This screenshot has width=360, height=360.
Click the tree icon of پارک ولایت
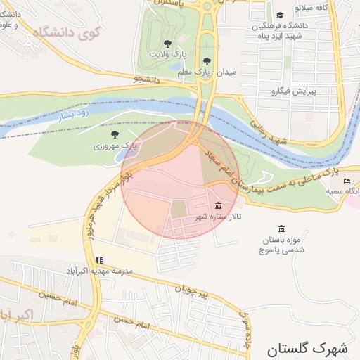167,44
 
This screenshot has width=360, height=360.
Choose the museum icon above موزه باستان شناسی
282,229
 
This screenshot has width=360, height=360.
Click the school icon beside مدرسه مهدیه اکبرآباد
99,260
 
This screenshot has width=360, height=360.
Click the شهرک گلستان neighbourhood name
307,347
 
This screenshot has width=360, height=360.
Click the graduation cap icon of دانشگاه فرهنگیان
280,15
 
